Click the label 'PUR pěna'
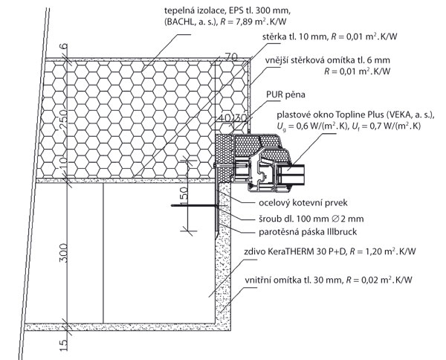[285, 94]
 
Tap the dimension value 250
[63, 119]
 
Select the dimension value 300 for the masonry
[63, 252]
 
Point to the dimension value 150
[184, 193]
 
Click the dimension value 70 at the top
[230, 57]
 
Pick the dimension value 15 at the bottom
[64, 345]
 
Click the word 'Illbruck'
[342, 231]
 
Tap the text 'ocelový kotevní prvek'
[303, 202]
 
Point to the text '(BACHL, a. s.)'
[191, 22]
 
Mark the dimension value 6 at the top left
[64, 46]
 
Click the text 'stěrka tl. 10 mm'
[295, 36]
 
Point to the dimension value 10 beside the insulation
[64, 163]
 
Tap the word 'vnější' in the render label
[278, 60]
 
